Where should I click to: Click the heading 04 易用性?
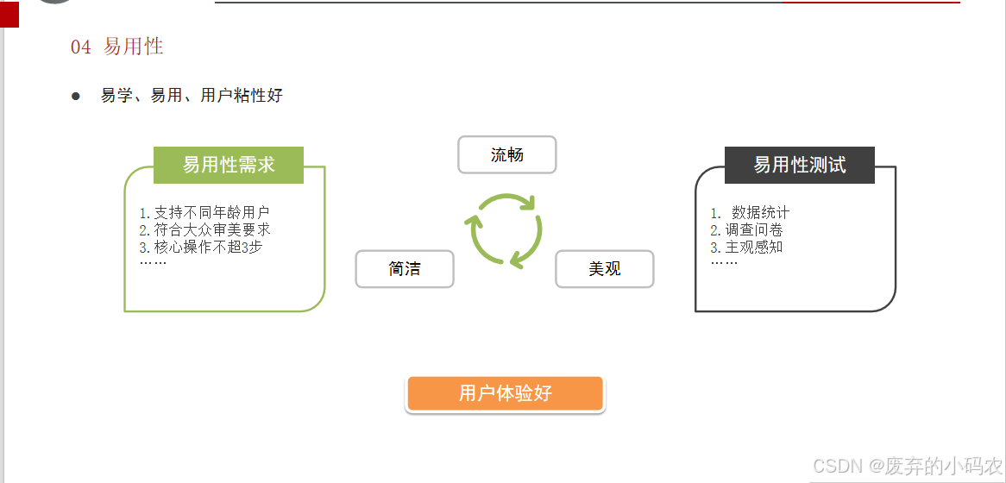(x=117, y=47)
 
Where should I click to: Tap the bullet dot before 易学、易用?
(x=76, y=96)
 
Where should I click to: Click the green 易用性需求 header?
(x=229, y=165)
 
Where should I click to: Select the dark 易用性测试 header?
(x=799, y=165)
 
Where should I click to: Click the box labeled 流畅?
(x=506, y=155)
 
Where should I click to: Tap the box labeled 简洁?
(x=405, y=269)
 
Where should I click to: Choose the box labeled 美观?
(x=605, y=269)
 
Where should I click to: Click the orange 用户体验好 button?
(x=506, y=394)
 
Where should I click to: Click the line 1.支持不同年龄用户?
(x=204, y=213)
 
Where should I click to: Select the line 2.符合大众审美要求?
(x=204, y=229)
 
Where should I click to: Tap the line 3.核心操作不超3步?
(x=200, y=247)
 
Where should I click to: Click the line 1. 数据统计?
(x=750, y=213)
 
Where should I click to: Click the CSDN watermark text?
(x=907, y=466)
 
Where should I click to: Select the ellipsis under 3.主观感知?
(x=724, y=261)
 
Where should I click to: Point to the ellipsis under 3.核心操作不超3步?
(x=153, y=261)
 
